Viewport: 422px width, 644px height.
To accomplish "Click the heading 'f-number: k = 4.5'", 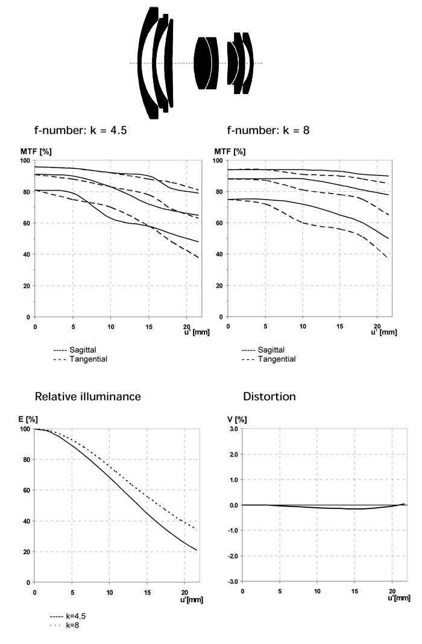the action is click(x=80, y=131).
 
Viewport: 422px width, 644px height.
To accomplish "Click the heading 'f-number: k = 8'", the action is click(x=268, y=131).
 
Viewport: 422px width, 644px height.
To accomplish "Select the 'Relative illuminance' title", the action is click(x=88, y=396).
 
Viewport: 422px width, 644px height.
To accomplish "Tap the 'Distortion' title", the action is click(x=269, y=396).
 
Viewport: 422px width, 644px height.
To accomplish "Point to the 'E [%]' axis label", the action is click(x=28, y=419).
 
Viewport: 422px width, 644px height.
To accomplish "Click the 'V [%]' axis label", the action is click(x=237, y=419).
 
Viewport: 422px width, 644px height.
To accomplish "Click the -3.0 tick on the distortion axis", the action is click(x=233, y=581).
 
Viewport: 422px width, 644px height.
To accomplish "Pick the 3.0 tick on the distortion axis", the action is click(x=234, y=429).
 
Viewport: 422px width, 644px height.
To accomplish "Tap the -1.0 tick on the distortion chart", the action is click(x=233, y=531).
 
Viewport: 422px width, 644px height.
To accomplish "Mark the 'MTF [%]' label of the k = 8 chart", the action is click(x=230, y=151).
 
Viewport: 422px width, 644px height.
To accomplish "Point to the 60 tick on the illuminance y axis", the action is click(x=27, y=490).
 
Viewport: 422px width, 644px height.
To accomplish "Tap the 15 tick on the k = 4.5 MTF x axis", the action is click(x=148, y=327).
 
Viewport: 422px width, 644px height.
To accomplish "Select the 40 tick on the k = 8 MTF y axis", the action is click(x=220, y=254).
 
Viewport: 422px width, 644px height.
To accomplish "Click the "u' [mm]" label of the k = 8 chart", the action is click(x=384, y=332).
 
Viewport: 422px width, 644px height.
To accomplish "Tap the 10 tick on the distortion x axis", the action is click(x=317, y=592).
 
